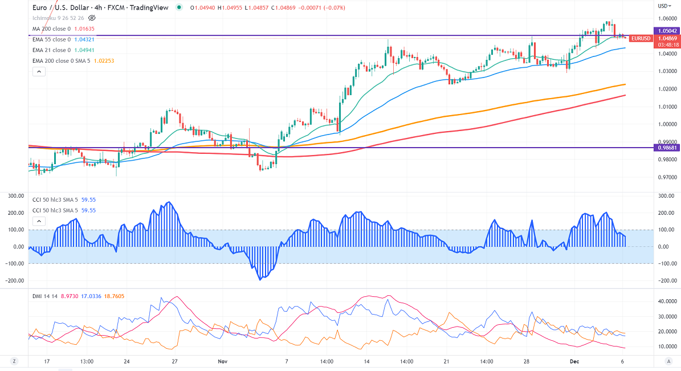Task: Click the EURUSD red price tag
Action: tap(641, 38)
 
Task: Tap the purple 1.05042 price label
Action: tap(666, 31)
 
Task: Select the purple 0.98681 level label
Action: tap(666, 148)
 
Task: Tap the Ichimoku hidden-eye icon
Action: tap(92, 18)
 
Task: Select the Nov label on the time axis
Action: tap(223, 361)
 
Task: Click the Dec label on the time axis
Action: tap(574, 361)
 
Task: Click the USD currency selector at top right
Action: tap(664, 6)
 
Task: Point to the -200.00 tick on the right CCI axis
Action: tap(665, 280)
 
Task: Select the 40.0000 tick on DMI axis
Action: tap(666, 301)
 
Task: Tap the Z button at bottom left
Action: tap(13, 361)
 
